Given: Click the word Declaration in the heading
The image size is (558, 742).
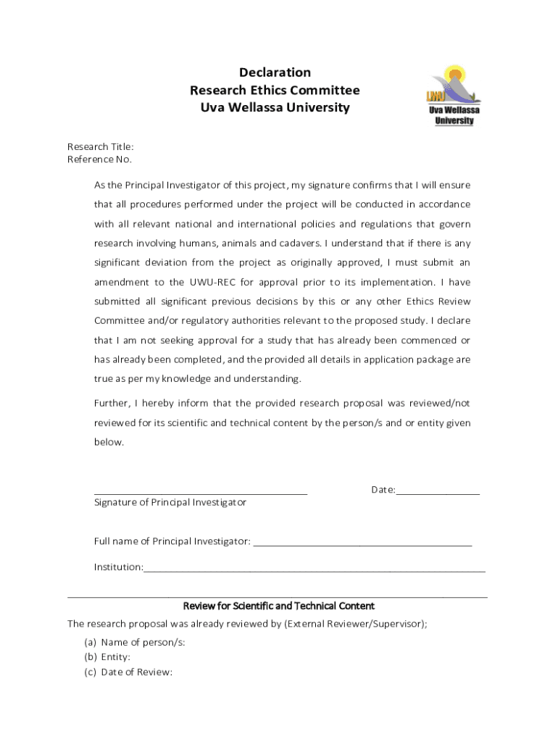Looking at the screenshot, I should [275, 72].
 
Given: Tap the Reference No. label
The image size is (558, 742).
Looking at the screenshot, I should [99, 159].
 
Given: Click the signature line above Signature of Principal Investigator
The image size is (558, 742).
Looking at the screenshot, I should [201, 493].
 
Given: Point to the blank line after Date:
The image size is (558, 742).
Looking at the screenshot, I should [438, 493].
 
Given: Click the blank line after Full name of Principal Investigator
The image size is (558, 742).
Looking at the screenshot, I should [362, 543].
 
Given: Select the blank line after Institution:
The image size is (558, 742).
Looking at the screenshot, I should [314, 570].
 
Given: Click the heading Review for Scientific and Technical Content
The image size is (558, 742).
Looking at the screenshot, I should [278, 606].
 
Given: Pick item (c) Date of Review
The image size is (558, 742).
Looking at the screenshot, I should [128, 672].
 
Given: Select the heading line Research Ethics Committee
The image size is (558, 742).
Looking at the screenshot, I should [275, 91].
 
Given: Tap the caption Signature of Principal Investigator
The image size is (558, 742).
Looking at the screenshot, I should [170, 502].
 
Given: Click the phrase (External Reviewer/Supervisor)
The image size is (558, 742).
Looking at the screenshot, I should [355, 623].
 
